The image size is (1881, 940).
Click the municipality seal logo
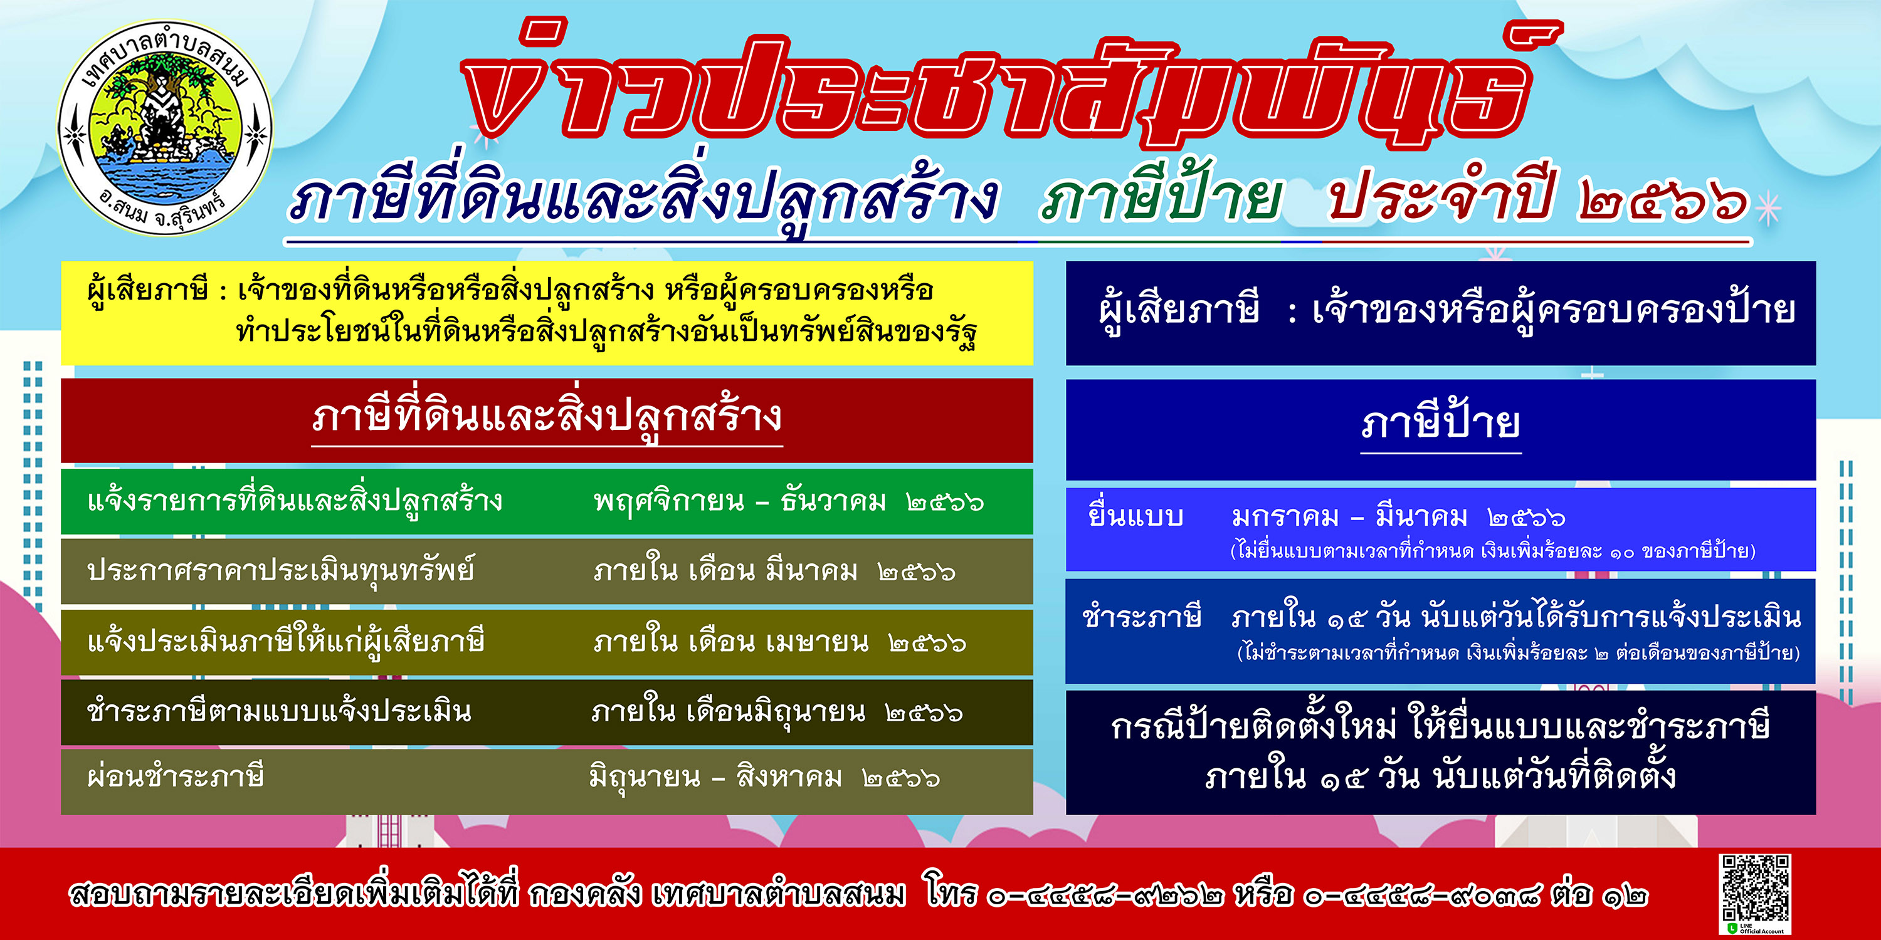click(165, 128)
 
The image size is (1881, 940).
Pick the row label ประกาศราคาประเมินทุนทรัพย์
click(280, 571)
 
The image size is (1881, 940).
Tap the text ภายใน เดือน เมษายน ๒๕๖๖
click(780, 642)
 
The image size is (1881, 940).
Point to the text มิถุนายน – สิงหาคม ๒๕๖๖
click(764, 776)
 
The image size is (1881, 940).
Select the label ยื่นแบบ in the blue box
click(1135, 515)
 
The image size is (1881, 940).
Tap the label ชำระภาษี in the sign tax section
click(1141, 617)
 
